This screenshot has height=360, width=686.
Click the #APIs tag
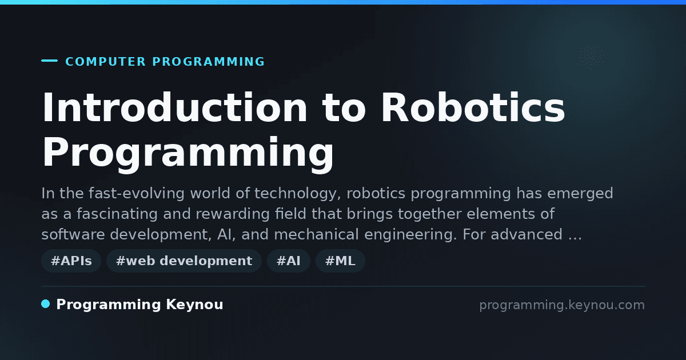71,261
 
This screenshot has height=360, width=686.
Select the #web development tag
184,261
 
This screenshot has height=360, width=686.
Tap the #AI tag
289,261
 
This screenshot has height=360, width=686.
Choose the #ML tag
340,261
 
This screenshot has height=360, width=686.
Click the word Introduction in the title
174,107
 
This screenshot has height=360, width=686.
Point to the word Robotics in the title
473,107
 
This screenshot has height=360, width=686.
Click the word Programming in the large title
188,154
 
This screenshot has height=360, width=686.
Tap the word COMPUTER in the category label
105,62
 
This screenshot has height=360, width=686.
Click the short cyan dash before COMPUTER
49,61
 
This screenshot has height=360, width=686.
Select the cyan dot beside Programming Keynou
46,304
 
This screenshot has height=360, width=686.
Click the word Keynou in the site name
194,305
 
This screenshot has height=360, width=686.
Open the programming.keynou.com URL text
562,305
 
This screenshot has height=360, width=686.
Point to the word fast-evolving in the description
137,194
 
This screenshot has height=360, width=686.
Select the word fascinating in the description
117,214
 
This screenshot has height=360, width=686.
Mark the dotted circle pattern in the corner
591,57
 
